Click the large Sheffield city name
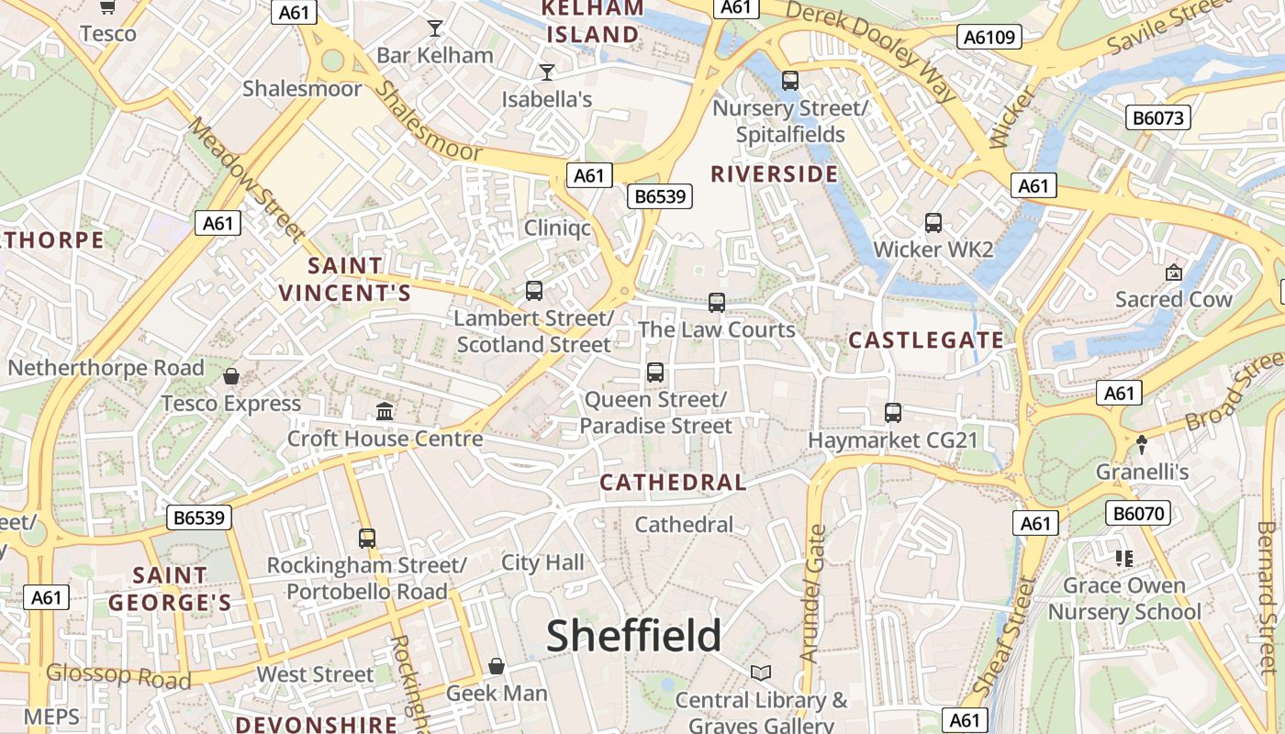(x=634, y=636)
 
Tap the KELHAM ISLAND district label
(x=593, y=22)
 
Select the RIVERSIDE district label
(x=774, y=174)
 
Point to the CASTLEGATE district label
(x=925, y=340)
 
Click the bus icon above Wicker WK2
(x=933, y=223)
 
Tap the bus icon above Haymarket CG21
(x=893, y=413)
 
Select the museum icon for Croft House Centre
(x=385, y=411)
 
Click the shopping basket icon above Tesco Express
(x=231, y=376)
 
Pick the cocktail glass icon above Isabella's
(x=547, y=72)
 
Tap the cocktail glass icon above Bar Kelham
(x=435, y=28)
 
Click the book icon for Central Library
(x=761, y=673)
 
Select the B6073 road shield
(x=1157, y=117)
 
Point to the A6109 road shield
(x=989, y=37)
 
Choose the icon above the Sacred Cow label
(x=1173, y=272)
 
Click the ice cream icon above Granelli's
(x=1142, y=444)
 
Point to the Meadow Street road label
(x=246, y=180)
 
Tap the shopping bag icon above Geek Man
(x=497, y=666)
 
